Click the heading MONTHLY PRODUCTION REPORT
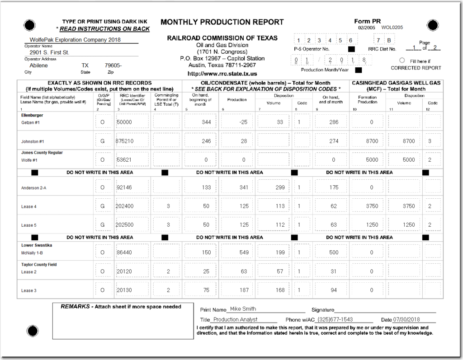222,22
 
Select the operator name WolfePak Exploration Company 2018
75,40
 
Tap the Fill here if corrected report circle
402,60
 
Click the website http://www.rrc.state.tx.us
222,74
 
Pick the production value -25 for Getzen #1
243,122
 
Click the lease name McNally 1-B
33,252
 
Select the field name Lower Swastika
37,245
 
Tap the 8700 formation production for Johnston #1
372,141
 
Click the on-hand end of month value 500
334,252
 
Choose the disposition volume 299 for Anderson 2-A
279,187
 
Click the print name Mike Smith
243,309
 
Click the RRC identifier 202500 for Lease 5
125,225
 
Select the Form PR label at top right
367,21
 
